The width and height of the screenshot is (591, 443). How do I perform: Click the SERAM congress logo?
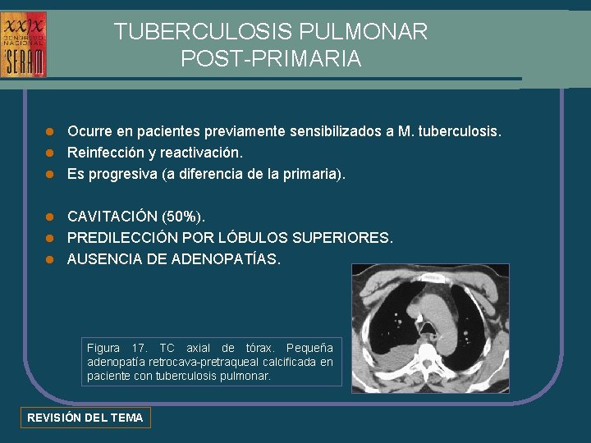click(24, 44)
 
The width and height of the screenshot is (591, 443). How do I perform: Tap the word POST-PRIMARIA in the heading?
click(270, 59)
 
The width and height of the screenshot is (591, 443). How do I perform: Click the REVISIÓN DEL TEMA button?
click(85, 418)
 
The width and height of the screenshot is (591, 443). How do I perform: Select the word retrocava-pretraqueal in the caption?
click(195, 362)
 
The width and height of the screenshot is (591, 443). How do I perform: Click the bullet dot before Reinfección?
click(49, 153)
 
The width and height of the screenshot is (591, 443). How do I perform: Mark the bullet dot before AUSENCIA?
click(49, 259)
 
